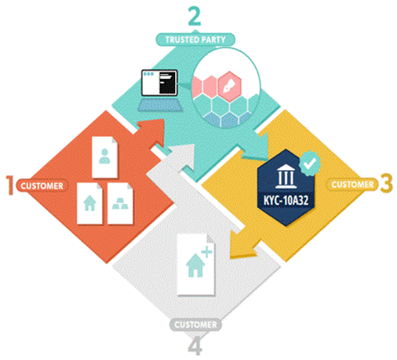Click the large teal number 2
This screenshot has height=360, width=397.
click(194, 16)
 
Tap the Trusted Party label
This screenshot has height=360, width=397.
click(195, 39)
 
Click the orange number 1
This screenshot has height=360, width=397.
click(10, 185)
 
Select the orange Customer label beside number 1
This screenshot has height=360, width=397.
click(42, 185)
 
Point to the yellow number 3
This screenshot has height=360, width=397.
click(387, 183)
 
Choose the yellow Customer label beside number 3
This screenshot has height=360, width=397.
click(352, 184)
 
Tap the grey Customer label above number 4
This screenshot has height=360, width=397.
click(196, 324)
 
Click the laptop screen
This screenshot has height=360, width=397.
click(159, 82)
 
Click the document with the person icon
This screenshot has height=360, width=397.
click(104, 157)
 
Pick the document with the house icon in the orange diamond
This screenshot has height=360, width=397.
click(89, 203)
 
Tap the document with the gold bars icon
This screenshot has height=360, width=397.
click(120, 203)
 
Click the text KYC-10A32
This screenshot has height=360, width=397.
click(286, 201)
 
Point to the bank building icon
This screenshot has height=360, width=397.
click(286, 177)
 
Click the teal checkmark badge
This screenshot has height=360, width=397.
click(310, 163)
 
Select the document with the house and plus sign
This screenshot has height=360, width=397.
click(196, 265)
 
